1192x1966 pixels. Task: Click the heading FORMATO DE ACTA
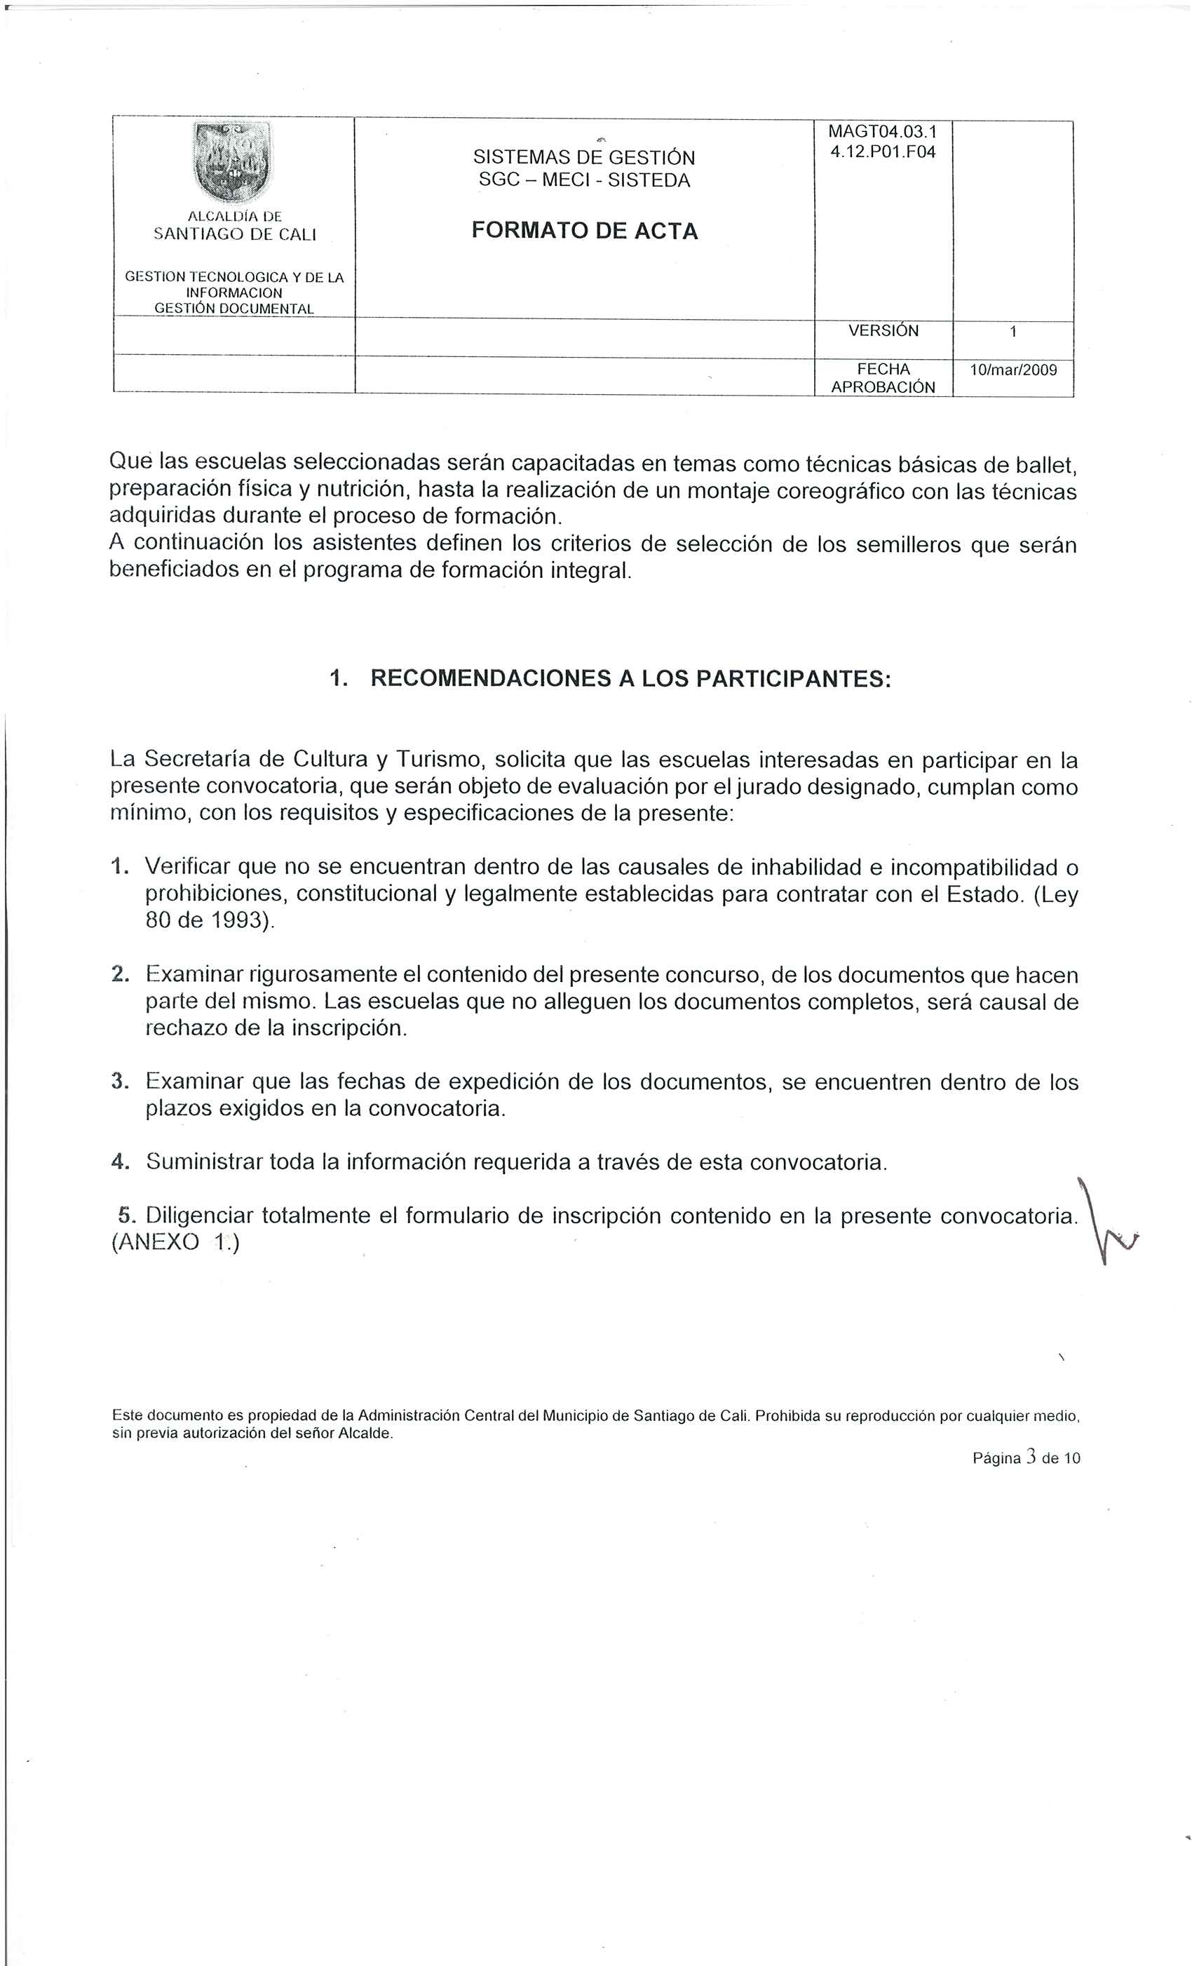[x=584, y=231]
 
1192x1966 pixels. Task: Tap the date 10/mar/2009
[x=1012, y=370]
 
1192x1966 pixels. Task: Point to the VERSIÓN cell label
[x=883, y=330]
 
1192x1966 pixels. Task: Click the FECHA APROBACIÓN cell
[x=883, y=378]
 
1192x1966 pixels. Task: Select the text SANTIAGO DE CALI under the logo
[x=235, y=234]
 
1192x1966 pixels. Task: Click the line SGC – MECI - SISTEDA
[x=584, y=180]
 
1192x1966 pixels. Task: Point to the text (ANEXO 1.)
[x=175, y=1243]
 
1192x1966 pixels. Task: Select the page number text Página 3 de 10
[x=1026, y=1458]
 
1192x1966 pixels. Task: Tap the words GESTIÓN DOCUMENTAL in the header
[x=233, y=308]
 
